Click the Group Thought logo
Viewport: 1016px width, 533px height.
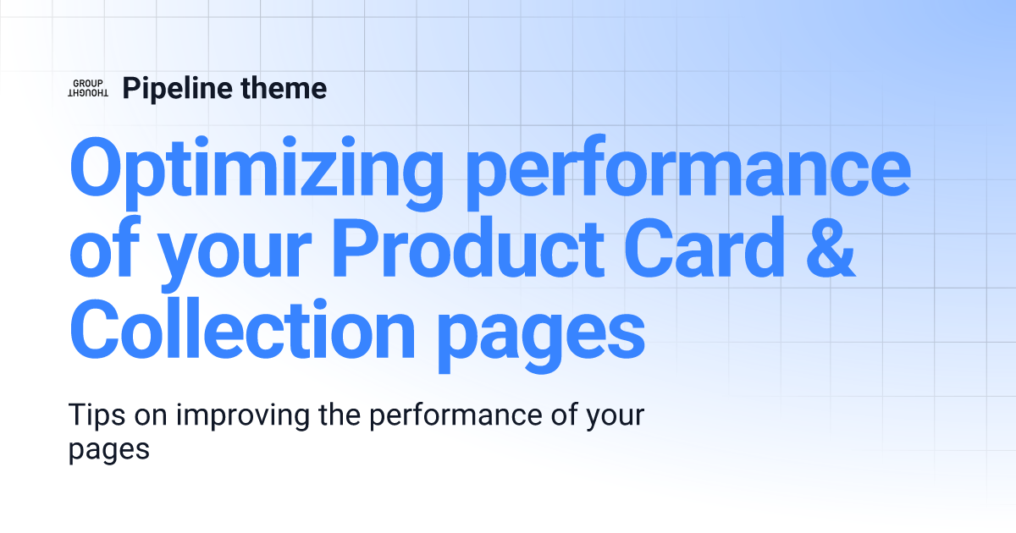(87, 87)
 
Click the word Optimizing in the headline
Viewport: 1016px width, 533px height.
(256, 170)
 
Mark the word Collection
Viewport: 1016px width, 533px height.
(242, 332)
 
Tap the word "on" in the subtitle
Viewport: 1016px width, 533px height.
(148, 417)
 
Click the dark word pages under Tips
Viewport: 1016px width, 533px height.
(108, 450)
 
